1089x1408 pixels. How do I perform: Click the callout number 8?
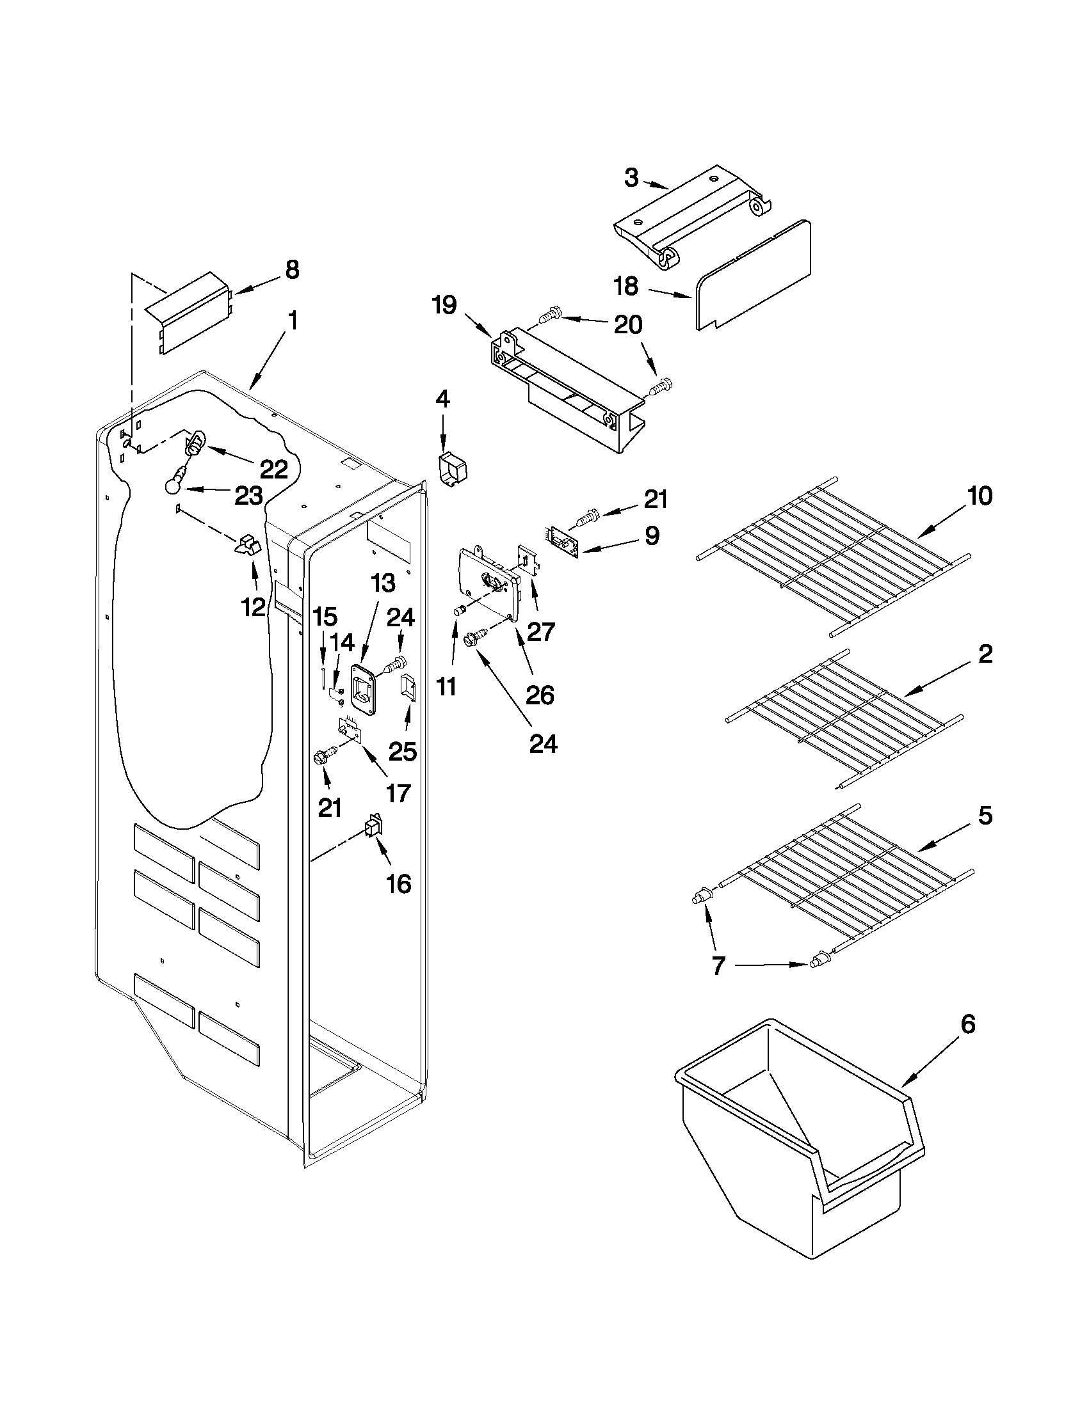[292, 269]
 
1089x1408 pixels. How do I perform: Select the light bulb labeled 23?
[173, 485]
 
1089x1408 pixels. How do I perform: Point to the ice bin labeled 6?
[793, 1141]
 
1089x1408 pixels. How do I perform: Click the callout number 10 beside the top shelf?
[980, 496]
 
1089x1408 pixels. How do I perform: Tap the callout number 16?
[399, 883]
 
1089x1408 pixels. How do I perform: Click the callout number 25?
[402, 751]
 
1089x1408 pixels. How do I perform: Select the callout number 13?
[383, 583]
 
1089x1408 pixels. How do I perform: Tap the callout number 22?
[273, 469]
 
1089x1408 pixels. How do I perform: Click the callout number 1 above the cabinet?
[292, 320]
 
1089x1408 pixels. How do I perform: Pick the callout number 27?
[540, 632]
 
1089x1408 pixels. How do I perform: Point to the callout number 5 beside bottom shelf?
[985, 816]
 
